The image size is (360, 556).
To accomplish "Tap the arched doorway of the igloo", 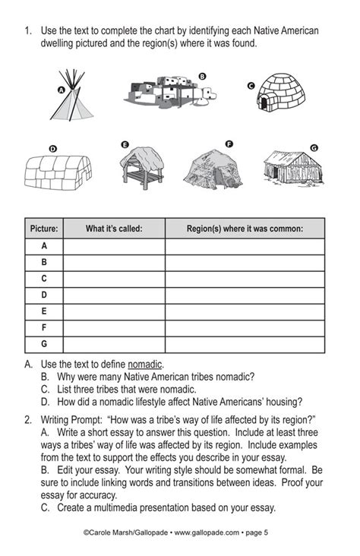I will pos(265,103).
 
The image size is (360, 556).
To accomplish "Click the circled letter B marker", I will pos(202,76).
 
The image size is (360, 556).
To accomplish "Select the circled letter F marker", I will pos(229,144).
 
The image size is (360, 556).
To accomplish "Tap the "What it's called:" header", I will pos(114,228).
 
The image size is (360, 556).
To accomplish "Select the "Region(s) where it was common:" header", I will pos(245,228).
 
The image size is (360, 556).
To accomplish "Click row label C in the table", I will pos(43,279).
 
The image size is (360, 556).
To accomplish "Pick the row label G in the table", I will pos(43,344).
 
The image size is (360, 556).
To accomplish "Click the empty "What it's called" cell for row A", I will pos(114,246).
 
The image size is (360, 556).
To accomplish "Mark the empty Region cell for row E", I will pos(245,311).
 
